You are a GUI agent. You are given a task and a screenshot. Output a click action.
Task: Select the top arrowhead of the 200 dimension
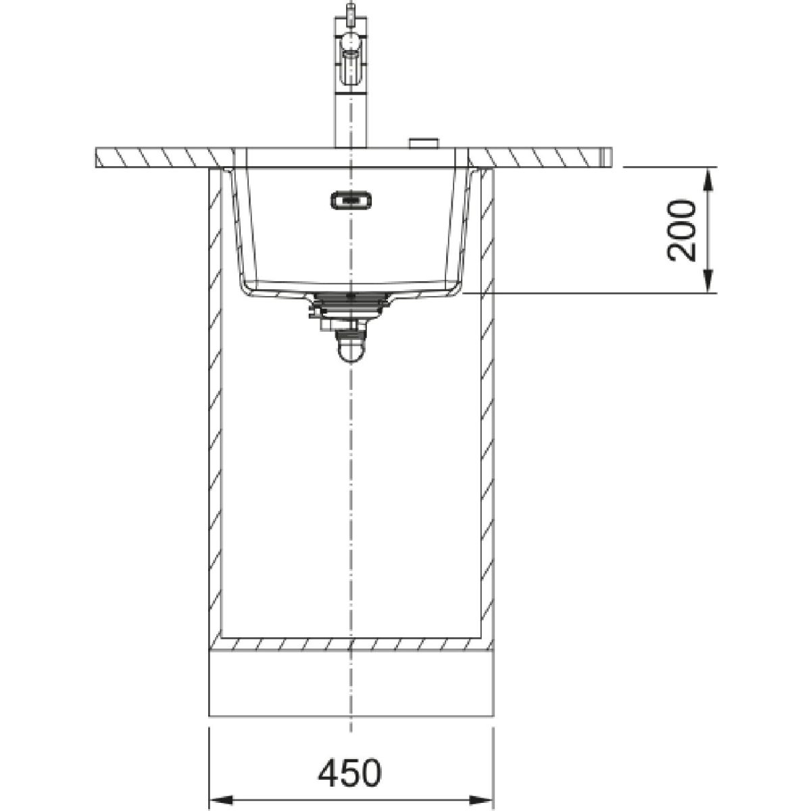(x=709, y=179)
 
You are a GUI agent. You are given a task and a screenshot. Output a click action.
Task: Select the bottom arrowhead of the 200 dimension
(x=709, y=280)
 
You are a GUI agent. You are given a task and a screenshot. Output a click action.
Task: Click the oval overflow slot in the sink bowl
(x=351, y=200)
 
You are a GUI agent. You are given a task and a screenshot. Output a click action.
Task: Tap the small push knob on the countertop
(x=424, y=143)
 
